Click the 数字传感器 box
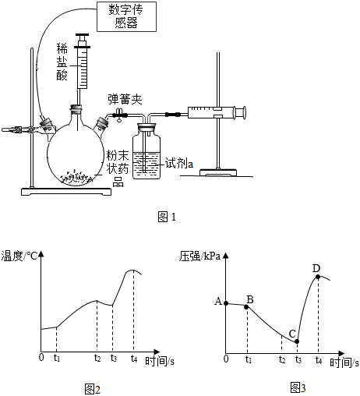point(126,16)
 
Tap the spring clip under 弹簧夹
point(119,115)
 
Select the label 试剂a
point(179,164)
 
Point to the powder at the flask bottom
point(76,177)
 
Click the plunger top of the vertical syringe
point(82,34)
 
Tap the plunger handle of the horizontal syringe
point(244,113)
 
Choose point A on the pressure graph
point(226,303)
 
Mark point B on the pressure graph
point(246,307)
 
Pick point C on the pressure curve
point(297,341)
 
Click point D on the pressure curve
point(318,277)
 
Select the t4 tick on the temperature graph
point(134,359)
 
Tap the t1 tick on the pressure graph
point(249,359)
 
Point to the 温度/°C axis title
point(19,256)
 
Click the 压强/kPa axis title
point(199,256)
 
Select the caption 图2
point(93,389)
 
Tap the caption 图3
point(298,387)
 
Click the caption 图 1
point(167,217)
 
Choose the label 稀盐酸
point(62,62)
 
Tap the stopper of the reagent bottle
point(147,127)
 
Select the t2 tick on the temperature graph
point(97,359)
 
